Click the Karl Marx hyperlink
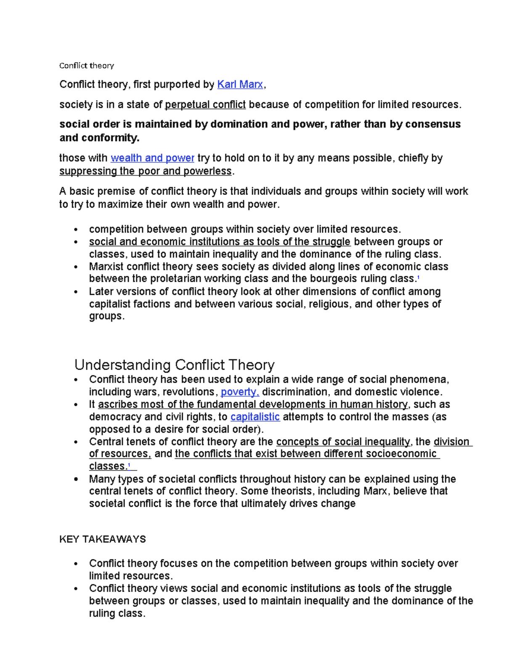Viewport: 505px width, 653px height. tap(240, 85)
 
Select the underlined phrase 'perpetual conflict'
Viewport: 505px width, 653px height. tap(205, 105)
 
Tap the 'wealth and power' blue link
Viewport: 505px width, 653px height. tap(152, 158)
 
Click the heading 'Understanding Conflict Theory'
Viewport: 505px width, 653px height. tap(174, 364)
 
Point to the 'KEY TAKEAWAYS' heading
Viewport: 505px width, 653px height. tap(102, 539)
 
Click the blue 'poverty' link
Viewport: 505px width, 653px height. tap(239, 392)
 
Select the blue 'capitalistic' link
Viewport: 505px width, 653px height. tap(255, 417)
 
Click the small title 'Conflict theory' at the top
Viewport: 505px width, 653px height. tap(86, 66)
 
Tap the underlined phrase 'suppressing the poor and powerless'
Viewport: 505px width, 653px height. tap(146, 171)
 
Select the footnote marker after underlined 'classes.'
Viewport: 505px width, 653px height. tap(129, 465)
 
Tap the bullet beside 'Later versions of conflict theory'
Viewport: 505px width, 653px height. tap(76, 292)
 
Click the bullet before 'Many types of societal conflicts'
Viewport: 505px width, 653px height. tap(76, 479)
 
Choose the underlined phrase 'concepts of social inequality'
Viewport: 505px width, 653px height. tap(343, 442)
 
